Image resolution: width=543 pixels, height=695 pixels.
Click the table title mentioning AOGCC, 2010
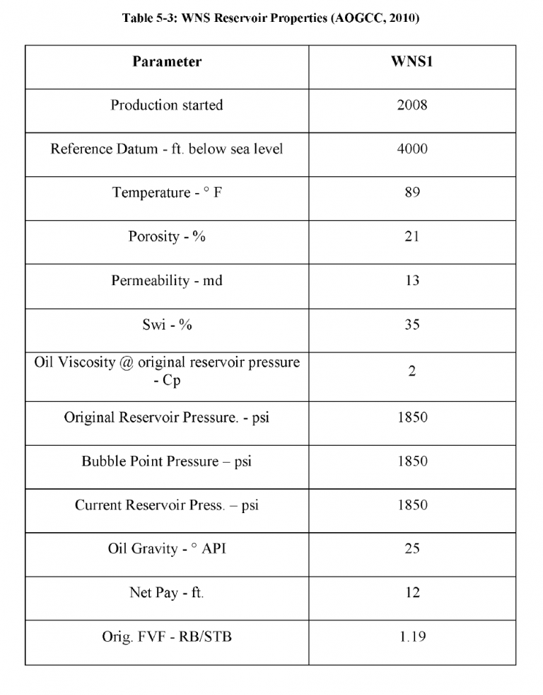pyautogui.click(x=271, y=19)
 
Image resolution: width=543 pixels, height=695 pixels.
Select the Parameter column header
pyautogui.click(x=167, y=62)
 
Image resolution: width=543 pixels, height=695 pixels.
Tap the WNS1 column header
pyautogui.click(x=411, y=62)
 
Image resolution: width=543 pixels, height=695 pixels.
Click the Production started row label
pyautogui.click(x=167, y=105)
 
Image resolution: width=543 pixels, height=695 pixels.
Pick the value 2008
pyautogui.click(x=411, y=105)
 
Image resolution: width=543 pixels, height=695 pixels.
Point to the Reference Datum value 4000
pyautogui.click(x=411, y=149)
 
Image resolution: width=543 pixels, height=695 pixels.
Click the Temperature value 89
pyautogui.click(x=411, y=193)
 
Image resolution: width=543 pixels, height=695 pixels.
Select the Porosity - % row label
pyautogui.click(x=167, y=237)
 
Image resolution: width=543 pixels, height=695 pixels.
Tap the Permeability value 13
pyautogui.click(x=411, y=281)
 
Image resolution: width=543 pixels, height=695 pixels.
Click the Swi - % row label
pyautogui.click(x=167, y=325)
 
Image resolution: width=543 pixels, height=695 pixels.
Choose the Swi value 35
pyautogui.click(x=411, y=325)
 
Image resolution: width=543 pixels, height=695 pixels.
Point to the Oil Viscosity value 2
pyautogui.click(x=411, y=372)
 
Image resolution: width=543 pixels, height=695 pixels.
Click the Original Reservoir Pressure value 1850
pyautogui.click(x=411, y=418)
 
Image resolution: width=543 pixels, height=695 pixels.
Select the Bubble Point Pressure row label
pyautogui.click(x=167, y=461)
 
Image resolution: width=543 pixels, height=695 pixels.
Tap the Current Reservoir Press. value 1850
pyautogui.click(x=411, y=505)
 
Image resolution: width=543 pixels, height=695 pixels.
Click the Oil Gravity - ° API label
pyautogui.click(x=167, y=549)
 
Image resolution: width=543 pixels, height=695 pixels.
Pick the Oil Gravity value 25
pyautogui.click(x=411, y=549)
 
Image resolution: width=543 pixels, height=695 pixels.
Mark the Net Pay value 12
pyautogui.click(x=411, y=593)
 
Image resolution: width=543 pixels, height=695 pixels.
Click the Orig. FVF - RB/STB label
pyautogui.click(x=167, y=637)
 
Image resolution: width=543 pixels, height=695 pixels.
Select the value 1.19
pyautogui.click(x=411, y=637)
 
